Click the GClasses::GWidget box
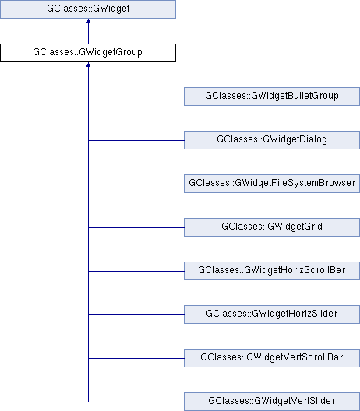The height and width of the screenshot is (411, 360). pos(88,9)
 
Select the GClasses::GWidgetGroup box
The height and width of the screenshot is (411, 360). pos(88,53)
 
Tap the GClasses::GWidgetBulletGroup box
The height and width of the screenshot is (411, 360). pos(272,97)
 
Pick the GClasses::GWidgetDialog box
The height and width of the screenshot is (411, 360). pos(272,140)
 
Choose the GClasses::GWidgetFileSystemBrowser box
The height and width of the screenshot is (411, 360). pos(272,184)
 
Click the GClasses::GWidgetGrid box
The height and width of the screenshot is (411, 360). pos(272,227)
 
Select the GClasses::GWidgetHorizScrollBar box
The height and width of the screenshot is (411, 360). pos(272,271)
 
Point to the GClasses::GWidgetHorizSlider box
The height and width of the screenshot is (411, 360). pos(272,314)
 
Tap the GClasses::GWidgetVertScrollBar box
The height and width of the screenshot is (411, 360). pos(272,358)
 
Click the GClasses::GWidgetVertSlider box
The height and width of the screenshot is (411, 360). pos(272,402)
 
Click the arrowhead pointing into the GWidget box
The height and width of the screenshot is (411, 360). pos(88,21)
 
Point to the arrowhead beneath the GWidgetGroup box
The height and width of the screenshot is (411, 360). pos(88,65)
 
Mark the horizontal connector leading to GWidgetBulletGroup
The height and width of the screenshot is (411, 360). pos(136,97)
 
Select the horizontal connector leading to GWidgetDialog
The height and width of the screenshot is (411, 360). pos(136,140)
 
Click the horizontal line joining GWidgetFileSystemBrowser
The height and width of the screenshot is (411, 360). pos(136,184)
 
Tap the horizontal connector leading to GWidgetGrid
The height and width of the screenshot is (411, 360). pos(136,227)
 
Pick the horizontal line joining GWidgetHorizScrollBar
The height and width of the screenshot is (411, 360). pos(136,271)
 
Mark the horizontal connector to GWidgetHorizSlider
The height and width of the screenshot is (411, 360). pos(136,314)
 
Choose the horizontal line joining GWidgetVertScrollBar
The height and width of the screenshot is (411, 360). pos(136,358)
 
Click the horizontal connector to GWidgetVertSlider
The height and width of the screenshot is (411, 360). pos(136,402)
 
